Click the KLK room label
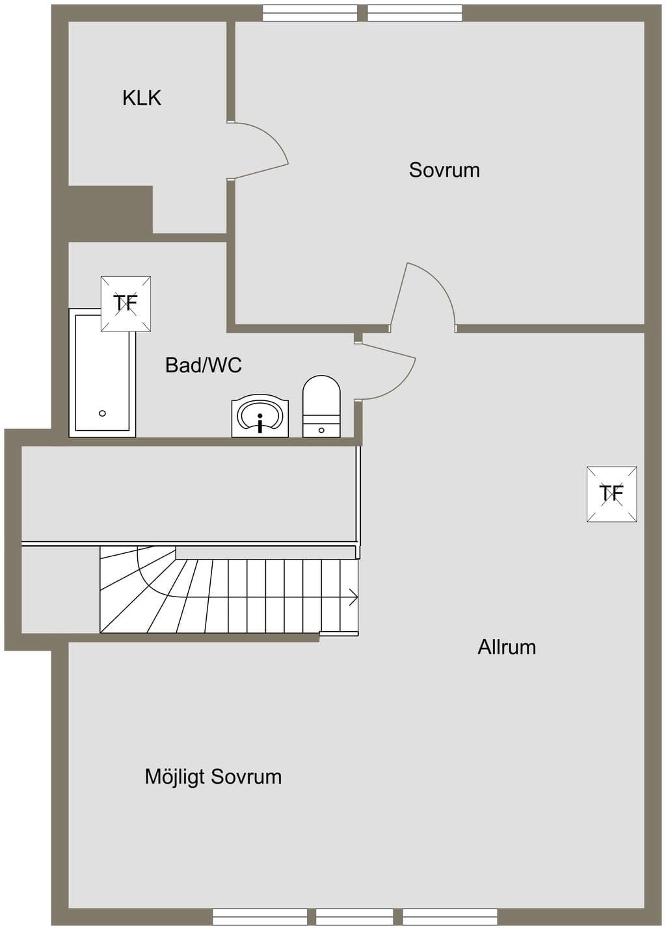pos(142,98)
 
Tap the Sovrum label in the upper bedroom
pos(444,170)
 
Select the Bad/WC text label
pos(204,365)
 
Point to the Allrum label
pos(507,647)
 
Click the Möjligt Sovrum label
pos(213,777)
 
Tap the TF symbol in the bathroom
pos(126,304)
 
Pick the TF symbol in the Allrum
pos(611,494)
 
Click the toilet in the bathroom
pos(321,406)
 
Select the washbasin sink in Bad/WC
pos(260,416)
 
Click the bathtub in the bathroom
pos(102,372)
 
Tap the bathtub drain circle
pos(102,413)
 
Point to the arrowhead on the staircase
pos(354,597)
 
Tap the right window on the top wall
pos(416,13)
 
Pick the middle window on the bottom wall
pos(354,917)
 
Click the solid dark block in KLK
pos(111,209)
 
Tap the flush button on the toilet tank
pos(321,430)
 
